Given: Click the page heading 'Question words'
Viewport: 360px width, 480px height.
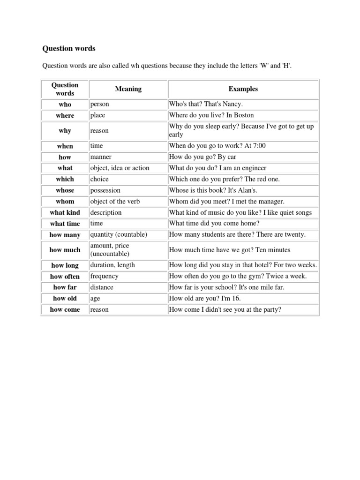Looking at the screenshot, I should click(69, 48).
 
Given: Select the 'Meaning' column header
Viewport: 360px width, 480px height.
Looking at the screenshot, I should click(128, 89).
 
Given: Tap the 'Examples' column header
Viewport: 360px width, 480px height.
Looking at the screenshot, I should click(243, 89).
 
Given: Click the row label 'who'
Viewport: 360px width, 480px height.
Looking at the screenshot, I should click(65, 105).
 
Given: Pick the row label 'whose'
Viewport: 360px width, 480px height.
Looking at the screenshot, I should click(65, 190).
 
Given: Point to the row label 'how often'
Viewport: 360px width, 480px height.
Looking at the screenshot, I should click(65, 277).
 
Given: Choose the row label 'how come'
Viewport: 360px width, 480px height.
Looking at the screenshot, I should click(65, 310).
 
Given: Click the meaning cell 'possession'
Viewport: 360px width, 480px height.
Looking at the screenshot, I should click(105, 190).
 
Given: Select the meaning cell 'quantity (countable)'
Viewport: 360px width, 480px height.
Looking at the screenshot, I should click(119, 234).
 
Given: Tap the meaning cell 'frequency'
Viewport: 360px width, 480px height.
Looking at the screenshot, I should click(105, 277).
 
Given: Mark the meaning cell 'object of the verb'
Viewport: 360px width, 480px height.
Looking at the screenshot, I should click(115, 202).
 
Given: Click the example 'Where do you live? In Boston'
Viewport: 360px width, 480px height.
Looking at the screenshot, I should click(211, 115).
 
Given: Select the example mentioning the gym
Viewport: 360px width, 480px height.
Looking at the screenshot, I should click(238, 277).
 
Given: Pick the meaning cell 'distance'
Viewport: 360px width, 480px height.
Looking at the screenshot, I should click(102, 287).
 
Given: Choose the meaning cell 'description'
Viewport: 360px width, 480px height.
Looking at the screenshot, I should click(106, 212).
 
